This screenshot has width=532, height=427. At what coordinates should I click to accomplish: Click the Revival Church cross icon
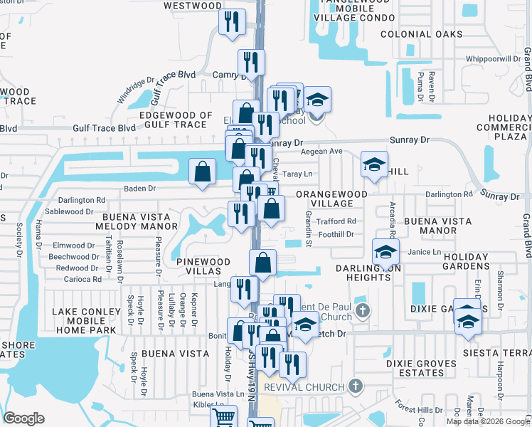tap(356, 386)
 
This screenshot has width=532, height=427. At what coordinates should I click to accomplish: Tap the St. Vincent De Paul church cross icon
tap(363, 310)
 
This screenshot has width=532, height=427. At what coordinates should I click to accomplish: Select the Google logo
tap(24, 418)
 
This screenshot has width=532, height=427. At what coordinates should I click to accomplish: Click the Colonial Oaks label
tap(417, 33)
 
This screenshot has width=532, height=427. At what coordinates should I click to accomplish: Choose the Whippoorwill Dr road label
tap(493, 59)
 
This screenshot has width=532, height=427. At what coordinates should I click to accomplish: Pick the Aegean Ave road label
tap(326, 152)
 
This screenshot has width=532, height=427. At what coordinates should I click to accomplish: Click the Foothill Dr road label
tap(336, 233)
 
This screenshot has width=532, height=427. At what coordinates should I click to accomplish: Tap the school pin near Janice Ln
tap(385, 252)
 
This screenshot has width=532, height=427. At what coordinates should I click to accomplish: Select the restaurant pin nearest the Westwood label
tap(232, 21)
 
